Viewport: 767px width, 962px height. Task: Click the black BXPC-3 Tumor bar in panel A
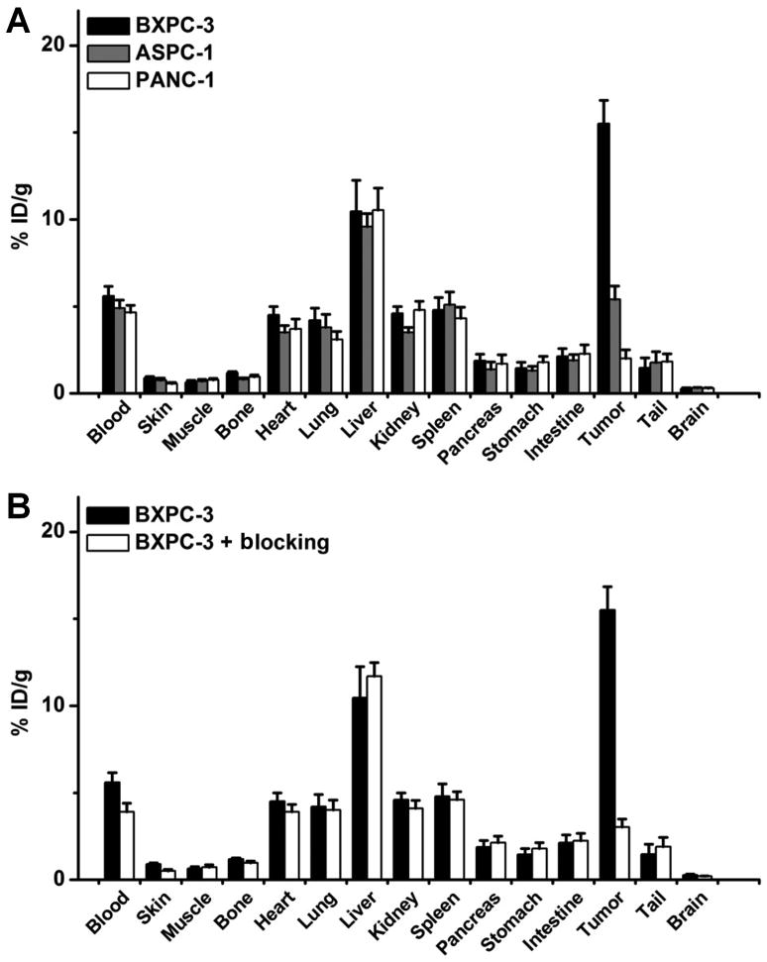603,258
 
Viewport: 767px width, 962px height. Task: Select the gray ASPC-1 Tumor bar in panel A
614,346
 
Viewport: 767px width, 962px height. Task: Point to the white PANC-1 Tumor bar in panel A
626,374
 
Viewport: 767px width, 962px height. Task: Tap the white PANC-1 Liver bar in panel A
378,301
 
